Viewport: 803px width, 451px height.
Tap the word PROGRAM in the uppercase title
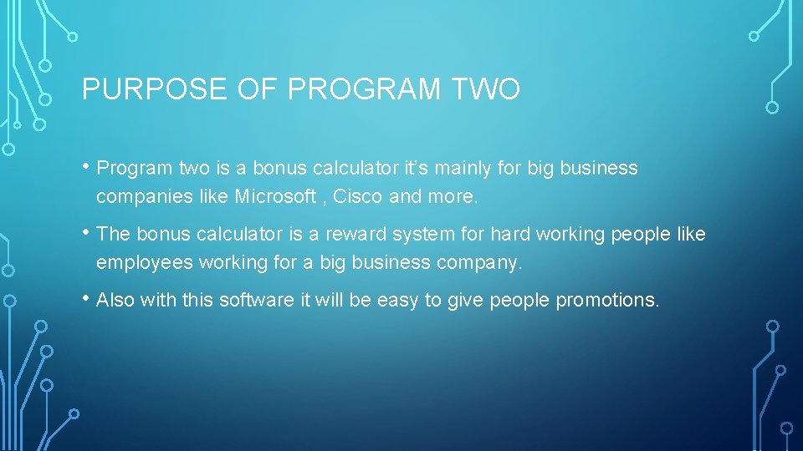click(364, 89)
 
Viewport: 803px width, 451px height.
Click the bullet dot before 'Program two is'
click(87, 168)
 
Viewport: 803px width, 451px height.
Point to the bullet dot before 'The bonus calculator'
click(87, 234)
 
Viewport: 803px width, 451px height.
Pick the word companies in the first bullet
click(134, 197)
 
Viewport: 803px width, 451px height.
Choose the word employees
click(144, 263)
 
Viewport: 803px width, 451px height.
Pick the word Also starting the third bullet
click(115, 300)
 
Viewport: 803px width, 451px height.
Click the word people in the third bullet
click(523, 300)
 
